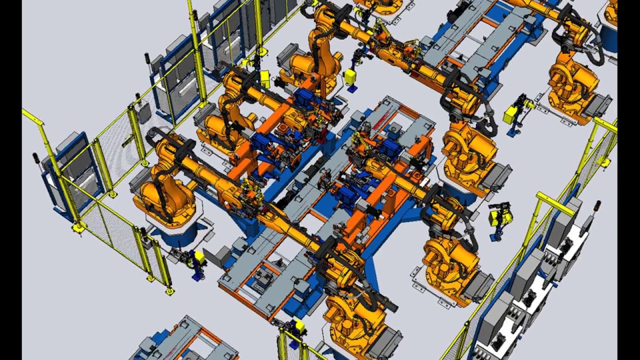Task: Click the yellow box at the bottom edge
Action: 299,326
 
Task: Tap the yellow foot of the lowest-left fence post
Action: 169,290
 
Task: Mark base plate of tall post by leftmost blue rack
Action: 78,228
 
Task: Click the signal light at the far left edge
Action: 35,159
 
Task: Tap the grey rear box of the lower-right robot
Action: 478,284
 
